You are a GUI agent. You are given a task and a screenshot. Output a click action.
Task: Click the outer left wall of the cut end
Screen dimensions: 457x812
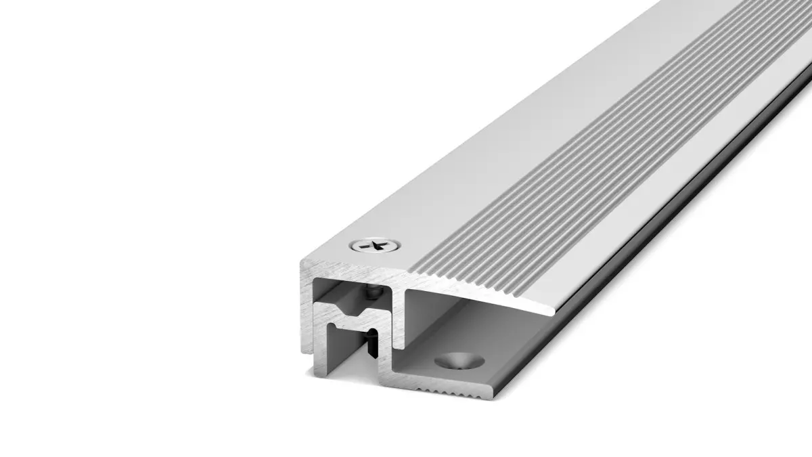point(307,305)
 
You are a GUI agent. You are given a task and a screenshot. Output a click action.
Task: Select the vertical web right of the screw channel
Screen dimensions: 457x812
point(399,318)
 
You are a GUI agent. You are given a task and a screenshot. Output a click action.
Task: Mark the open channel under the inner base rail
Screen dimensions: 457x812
point(345,359)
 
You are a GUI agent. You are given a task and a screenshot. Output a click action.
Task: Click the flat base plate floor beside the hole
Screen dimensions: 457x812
point(501,352)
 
